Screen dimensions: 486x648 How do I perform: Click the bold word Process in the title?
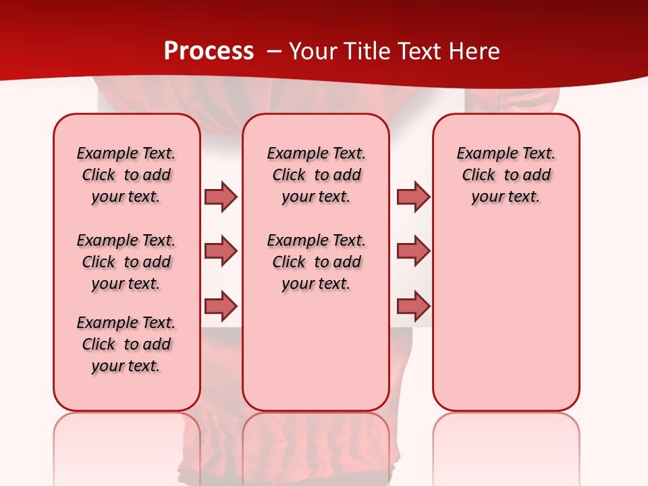(x=209, y=51)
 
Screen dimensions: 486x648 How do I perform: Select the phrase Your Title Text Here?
(x=394, y=51)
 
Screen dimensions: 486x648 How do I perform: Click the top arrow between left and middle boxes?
(x=221, y=196)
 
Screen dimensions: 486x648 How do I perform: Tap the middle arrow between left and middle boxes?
(x=221, y=251)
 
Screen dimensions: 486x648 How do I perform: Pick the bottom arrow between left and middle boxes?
(x=221, y=306)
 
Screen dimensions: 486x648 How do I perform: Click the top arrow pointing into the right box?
(x=413, y=196)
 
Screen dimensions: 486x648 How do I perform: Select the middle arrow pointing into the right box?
(x=413, y=251)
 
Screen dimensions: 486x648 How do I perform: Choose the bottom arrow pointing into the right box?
(x=413, y=306)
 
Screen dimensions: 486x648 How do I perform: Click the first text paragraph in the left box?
(x=126, y=175)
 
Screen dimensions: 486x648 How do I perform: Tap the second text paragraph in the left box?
(x=126, y=262)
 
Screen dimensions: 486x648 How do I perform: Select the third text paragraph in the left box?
(x=126, y=344)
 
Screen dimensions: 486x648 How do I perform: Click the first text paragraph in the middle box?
(x=316, y=175)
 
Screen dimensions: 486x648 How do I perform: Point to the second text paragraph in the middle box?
(x=316, y=262)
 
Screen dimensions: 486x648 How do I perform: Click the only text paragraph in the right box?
(x=506, y=175)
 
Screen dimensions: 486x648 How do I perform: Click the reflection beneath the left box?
(x=127, y=446)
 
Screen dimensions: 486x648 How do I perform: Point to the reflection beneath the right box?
(x=506, y=446)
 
